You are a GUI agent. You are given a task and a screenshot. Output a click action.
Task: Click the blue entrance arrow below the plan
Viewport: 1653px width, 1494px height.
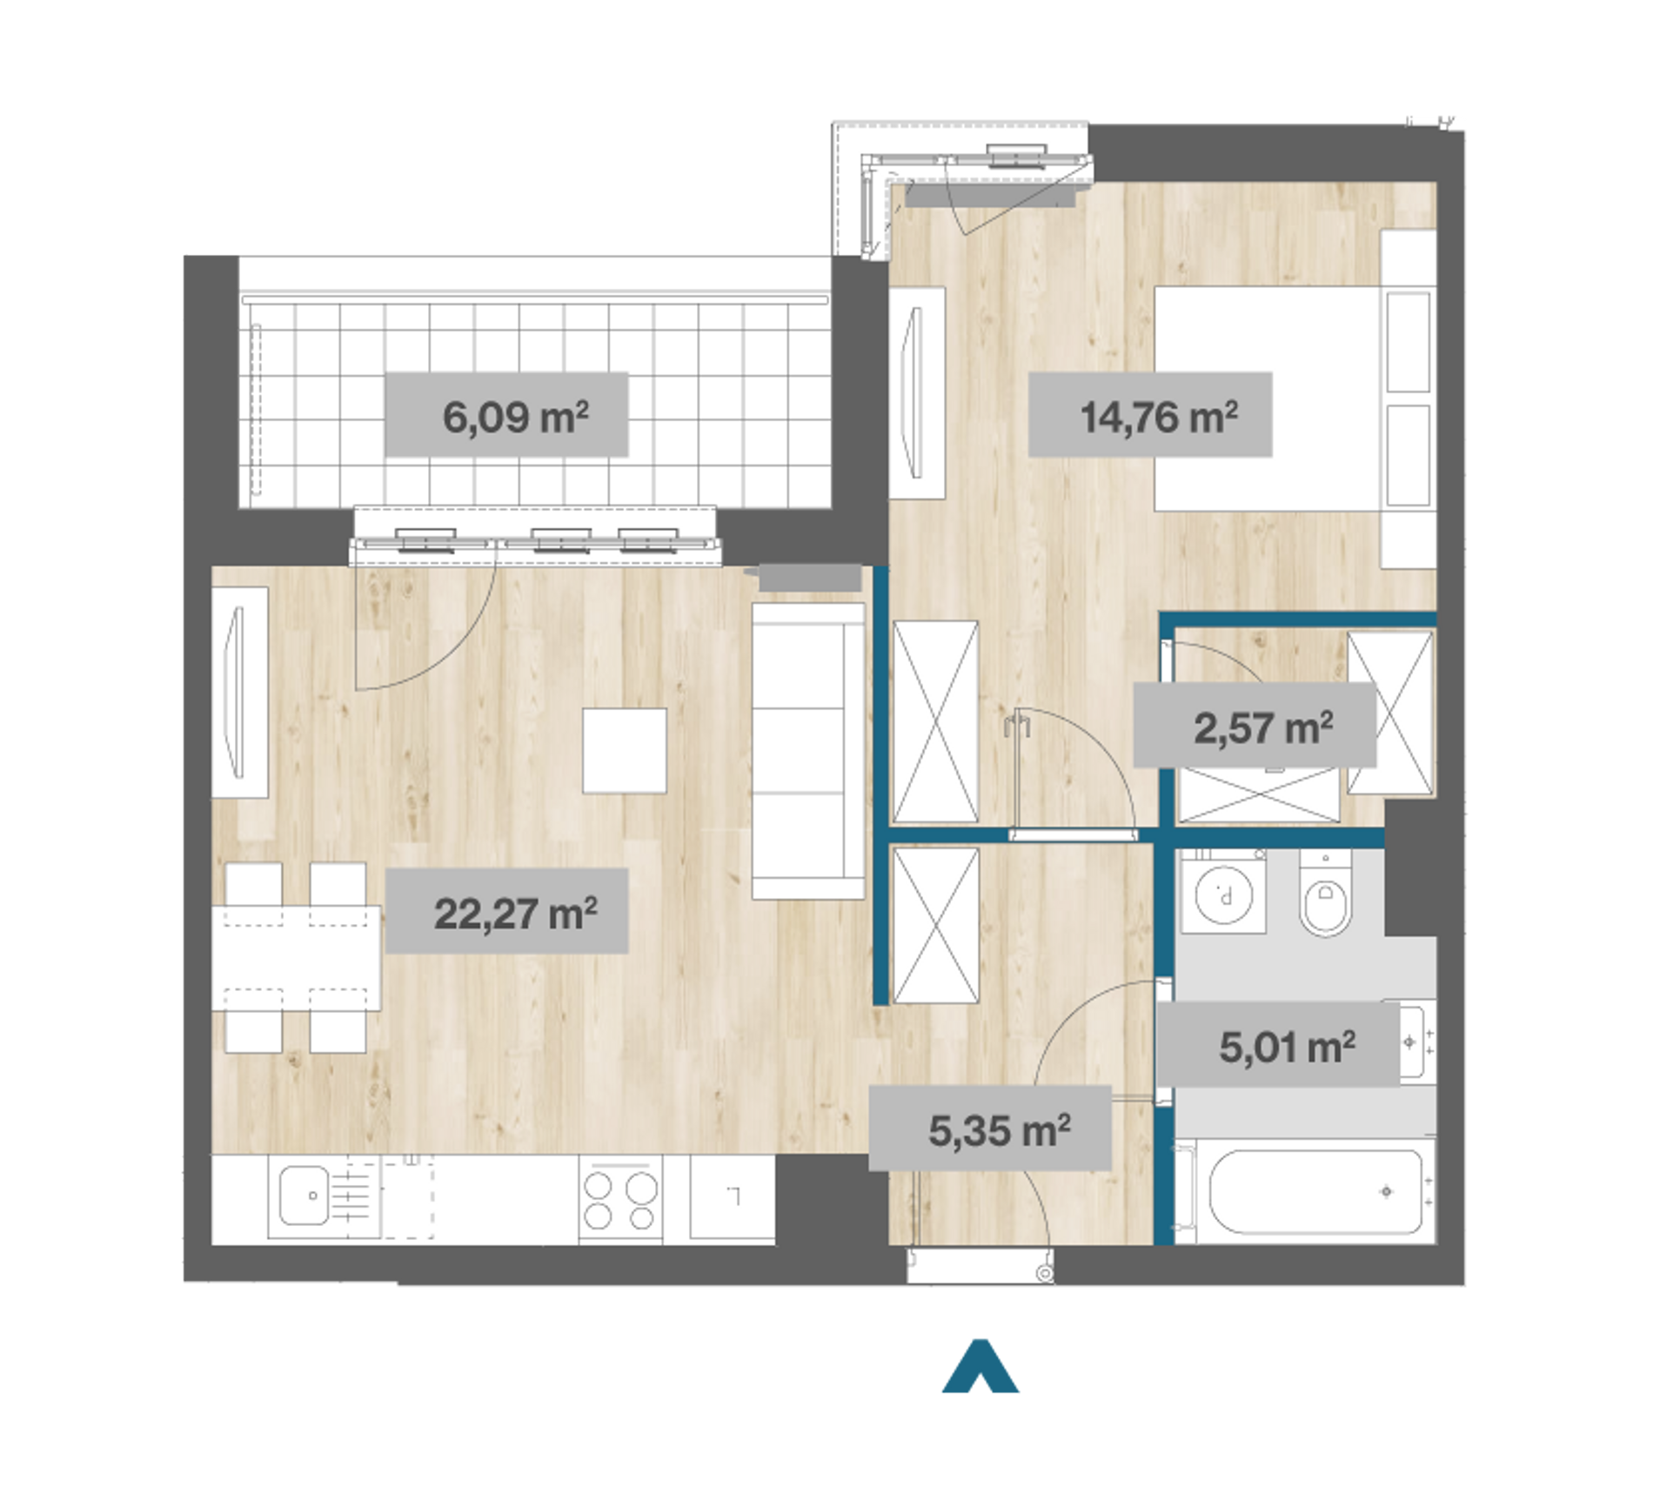[x=980, y=1366]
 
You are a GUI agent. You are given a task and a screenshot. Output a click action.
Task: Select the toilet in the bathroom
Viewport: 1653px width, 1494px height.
[x=1325, y=894]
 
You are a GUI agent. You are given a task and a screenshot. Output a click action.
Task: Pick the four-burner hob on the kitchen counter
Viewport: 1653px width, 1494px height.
[x=620, y=1200]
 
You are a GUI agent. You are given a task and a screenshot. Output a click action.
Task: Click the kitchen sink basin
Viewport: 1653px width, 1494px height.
[x=304, y=1196]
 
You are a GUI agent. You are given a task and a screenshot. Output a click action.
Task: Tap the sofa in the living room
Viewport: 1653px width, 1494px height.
[x=807, y=750]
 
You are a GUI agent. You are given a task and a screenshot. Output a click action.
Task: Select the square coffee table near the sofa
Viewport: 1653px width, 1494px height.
[x=625, y=750]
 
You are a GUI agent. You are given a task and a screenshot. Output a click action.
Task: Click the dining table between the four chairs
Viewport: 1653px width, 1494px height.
[x=296, y=958]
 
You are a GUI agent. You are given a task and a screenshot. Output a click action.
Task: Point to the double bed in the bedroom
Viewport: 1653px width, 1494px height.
[x=1294, y=399]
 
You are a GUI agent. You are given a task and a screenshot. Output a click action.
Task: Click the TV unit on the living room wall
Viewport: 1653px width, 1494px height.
[x=239, y=692]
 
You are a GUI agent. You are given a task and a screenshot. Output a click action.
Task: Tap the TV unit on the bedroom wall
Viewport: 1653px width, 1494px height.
[x=917, y=392]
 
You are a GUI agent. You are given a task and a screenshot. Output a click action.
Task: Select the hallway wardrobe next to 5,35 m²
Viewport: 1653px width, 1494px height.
[x=936, y=926]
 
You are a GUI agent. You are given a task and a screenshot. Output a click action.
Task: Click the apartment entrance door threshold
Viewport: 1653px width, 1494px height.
[x=980, y=1265]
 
